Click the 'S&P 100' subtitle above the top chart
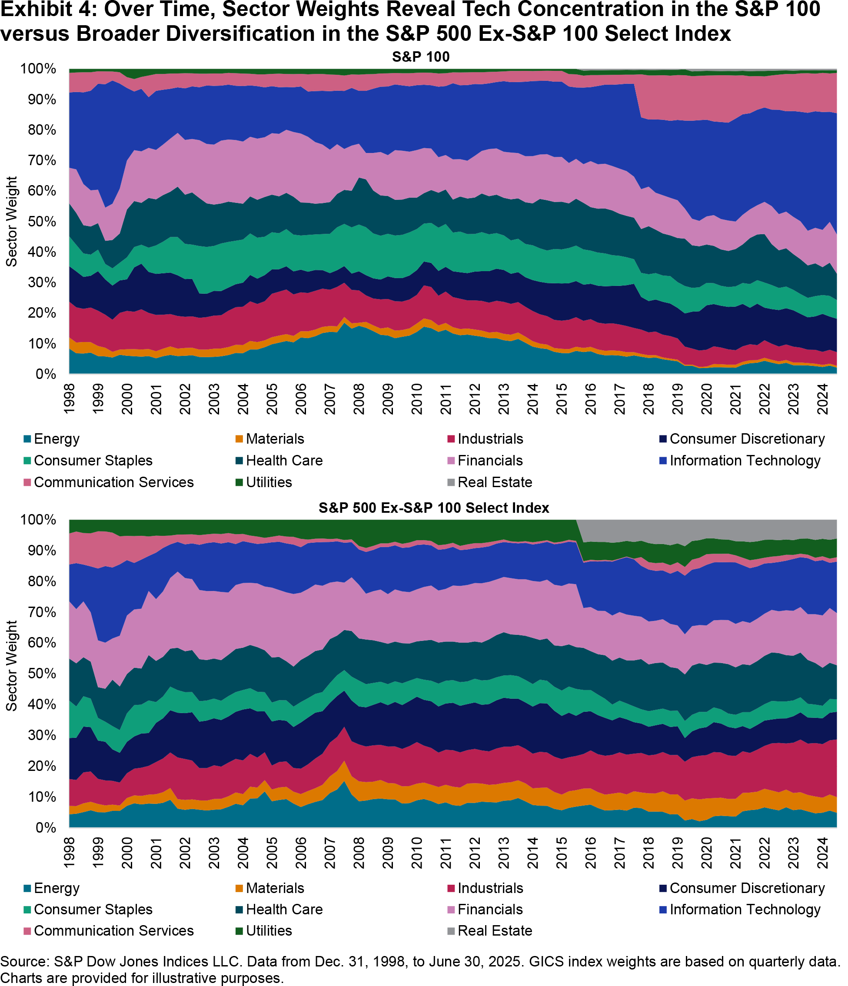421,57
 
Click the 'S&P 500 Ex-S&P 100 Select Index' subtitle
433,508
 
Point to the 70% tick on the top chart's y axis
38,160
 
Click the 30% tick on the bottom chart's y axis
38,735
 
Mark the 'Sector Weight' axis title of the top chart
11,222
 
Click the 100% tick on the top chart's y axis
38,69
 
